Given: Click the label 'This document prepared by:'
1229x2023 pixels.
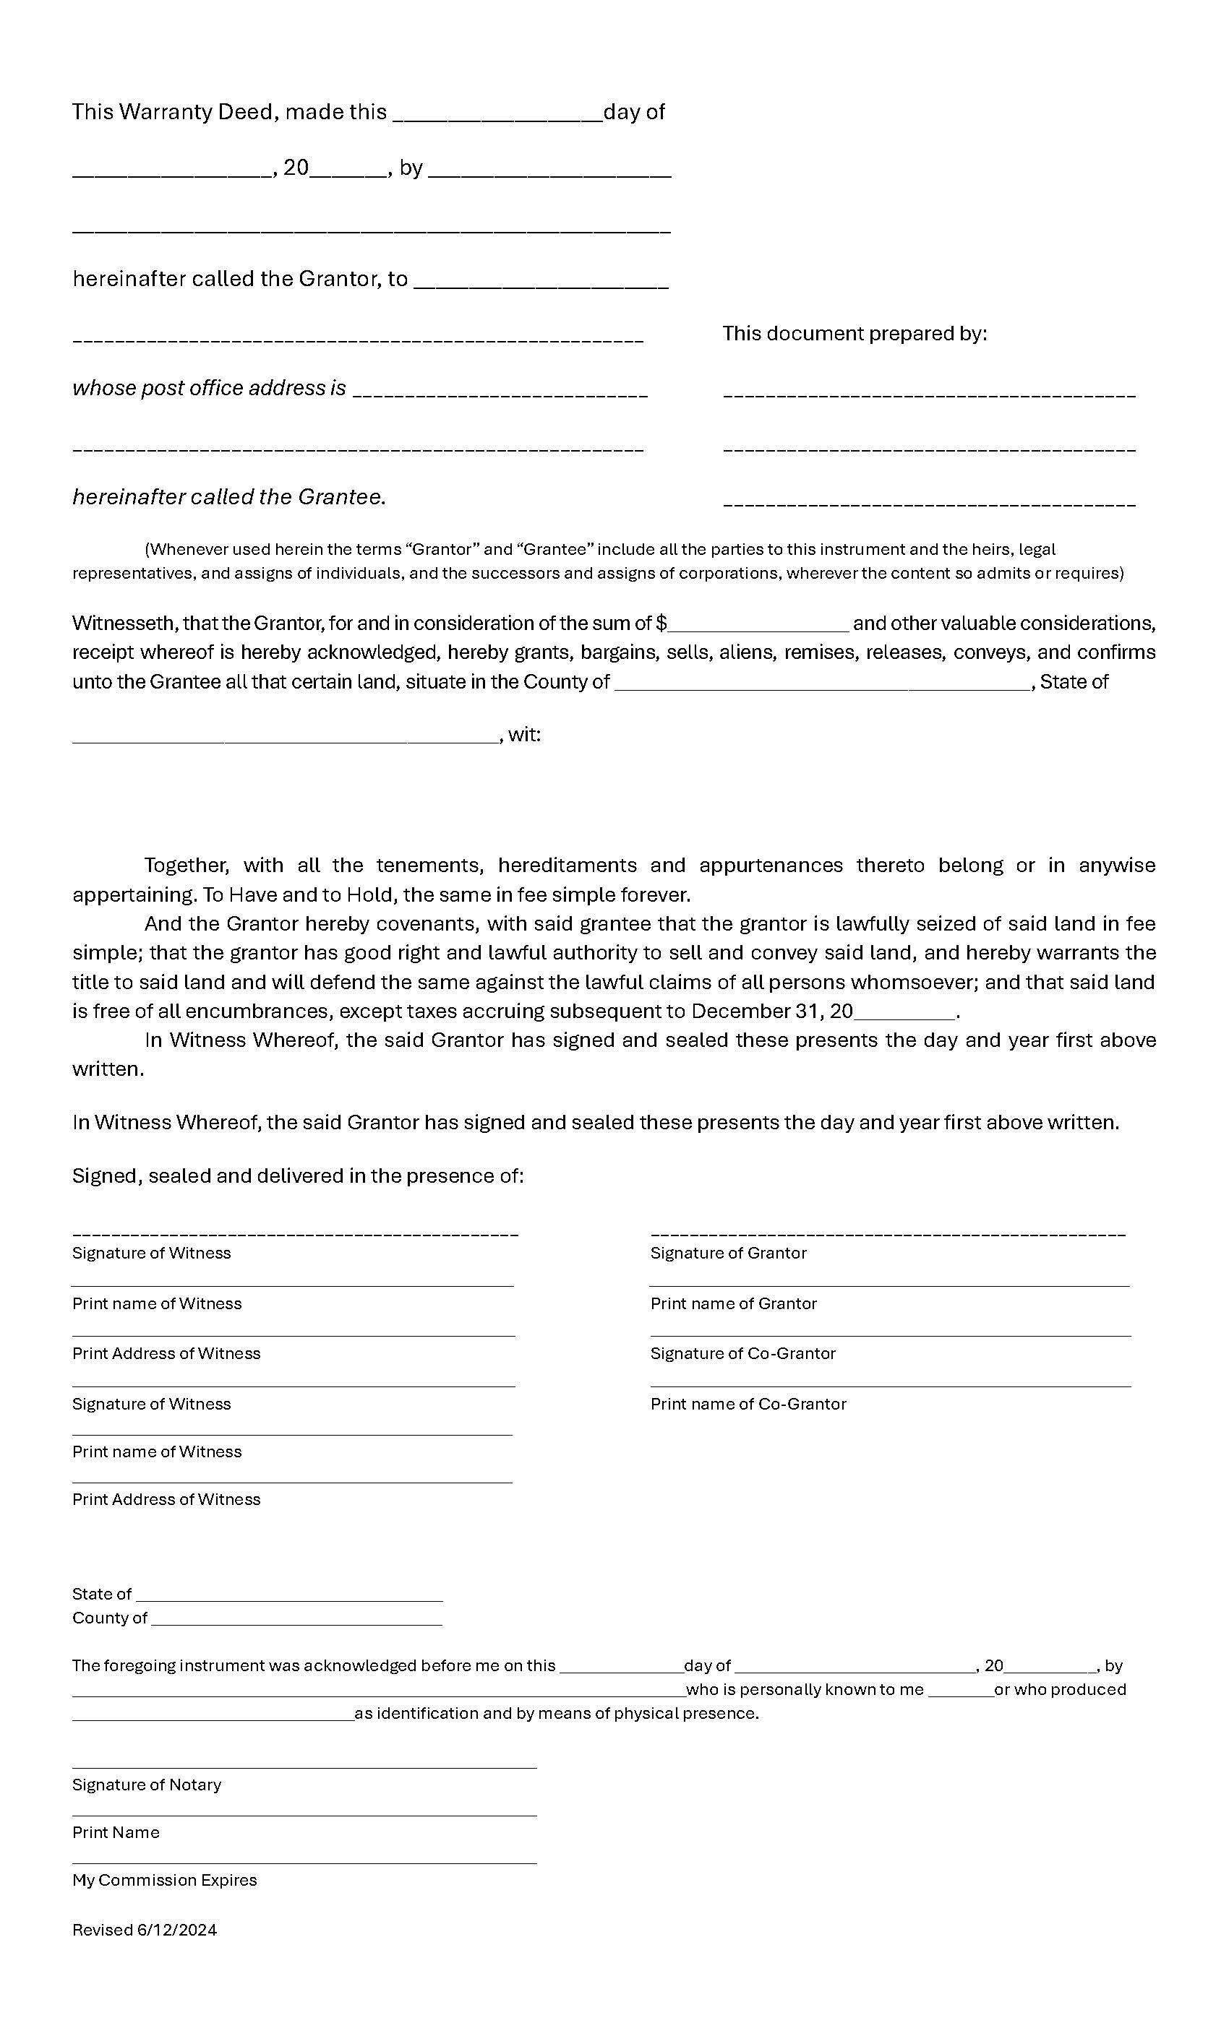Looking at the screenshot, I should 855,333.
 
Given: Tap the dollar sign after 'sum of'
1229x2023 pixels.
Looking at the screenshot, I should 661,623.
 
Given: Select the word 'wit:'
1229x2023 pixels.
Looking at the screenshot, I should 524,735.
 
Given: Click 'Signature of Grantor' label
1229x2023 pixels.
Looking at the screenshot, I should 728,1253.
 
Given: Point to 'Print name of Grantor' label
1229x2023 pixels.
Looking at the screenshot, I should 733,1304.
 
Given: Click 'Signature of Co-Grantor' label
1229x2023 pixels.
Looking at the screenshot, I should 742,1354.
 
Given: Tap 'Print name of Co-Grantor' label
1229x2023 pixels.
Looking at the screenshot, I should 748,1404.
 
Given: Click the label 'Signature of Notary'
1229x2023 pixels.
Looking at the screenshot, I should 146,1785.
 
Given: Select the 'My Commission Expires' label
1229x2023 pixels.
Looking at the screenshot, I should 164,1880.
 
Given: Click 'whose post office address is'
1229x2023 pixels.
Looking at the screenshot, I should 209,387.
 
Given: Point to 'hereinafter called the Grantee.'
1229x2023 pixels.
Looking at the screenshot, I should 228,497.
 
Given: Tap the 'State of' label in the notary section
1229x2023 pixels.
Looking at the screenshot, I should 101,1595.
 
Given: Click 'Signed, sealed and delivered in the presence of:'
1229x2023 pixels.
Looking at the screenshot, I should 297,1176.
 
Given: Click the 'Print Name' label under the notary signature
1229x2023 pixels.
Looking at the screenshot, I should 116,1832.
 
